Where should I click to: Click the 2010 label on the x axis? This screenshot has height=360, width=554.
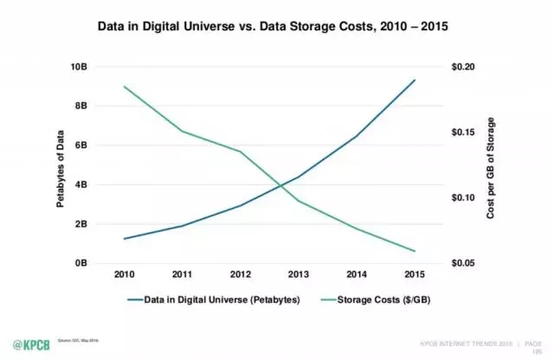coord(126,274)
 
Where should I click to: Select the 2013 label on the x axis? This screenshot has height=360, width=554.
coord(297,274)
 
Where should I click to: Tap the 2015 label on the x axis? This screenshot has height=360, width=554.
coord(414,274)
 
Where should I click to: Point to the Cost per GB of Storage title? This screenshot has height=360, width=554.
coord(490,164)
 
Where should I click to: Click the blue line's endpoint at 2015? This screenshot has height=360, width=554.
coord(415,80)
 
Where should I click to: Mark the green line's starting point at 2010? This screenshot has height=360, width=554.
coord(126,87)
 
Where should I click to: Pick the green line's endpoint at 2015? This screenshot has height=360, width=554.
coord(415,251)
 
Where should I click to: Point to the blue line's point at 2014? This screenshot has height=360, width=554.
coord(356,136)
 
